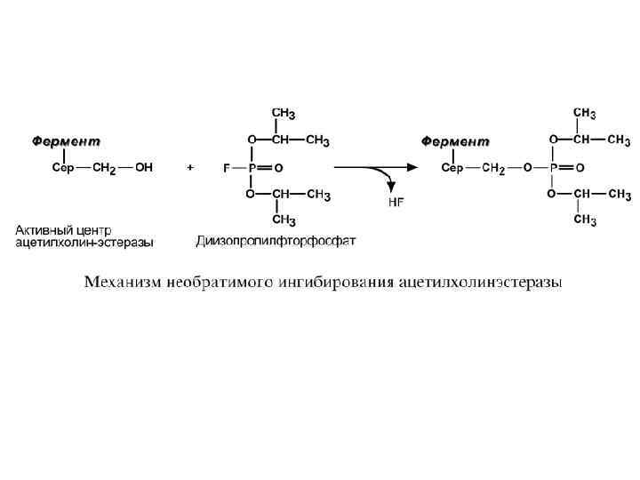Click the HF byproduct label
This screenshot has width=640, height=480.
point(396,202)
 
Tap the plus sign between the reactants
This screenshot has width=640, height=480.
point(190,167)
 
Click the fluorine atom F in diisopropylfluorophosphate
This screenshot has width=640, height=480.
point(226,167)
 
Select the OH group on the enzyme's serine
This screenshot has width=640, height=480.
point(143,167)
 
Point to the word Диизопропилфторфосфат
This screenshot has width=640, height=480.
point(276,240)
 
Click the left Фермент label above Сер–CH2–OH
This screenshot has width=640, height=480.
point(67,141)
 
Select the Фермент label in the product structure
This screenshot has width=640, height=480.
point(454,141)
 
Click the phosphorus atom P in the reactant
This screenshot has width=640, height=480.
point(252,167)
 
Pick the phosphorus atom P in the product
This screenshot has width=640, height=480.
point(553,167)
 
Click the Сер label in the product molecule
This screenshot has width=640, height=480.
point(452,167)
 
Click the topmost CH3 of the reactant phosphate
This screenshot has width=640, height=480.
point(283,114)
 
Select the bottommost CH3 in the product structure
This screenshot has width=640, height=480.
point(584,220)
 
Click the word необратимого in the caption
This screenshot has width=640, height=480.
point(216,283)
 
